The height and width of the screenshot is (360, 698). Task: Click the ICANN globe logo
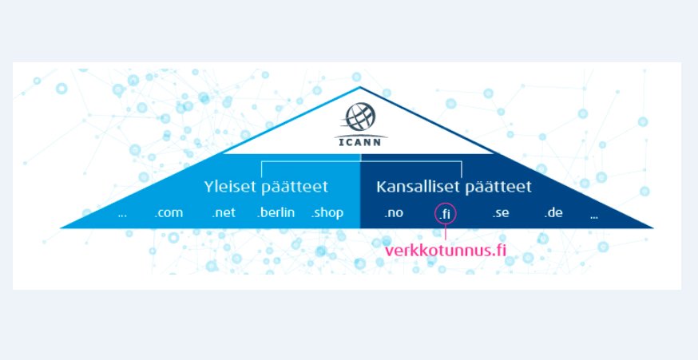pos(359,117)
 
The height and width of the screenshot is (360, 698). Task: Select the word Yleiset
pos(228,188)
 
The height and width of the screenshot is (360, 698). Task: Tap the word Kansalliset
pos(410,188)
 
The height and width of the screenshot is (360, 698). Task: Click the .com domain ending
pos(169,213)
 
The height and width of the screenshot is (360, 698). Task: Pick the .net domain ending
pos(223,213)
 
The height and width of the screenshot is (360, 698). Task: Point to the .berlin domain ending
pos(276,213)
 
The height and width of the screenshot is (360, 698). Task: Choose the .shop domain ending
pos(327,213)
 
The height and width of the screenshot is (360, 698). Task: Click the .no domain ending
pos(393,213)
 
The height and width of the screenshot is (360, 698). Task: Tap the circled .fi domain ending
pos(445,214)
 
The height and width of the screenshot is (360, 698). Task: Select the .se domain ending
pos(500,213)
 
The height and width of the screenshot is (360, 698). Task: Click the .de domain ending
pos(554,213)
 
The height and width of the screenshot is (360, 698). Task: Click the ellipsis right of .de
pos(594,216)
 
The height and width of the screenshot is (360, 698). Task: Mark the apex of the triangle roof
pos(360,87)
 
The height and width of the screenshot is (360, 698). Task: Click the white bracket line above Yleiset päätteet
pos(311,162)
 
